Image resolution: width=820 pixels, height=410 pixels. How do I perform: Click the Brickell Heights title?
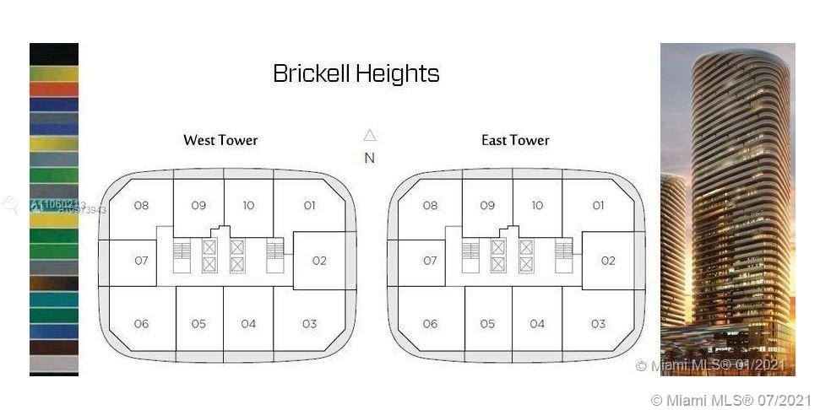point(356,73)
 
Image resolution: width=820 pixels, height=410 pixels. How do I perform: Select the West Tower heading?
point(220,140)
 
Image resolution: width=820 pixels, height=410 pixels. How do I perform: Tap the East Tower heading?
point(515,140)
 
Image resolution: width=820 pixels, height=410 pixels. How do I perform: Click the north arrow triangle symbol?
point(369,135)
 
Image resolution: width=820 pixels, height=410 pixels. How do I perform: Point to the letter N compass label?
point(369,158)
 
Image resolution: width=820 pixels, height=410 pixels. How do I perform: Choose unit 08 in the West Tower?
point(141,205)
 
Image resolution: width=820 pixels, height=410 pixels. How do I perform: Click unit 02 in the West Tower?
point(318,261)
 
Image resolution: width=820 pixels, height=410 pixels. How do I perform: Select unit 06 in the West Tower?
point(141,324)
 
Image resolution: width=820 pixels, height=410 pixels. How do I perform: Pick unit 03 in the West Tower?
point(309,324)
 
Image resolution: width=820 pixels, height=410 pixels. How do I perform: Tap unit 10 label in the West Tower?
point(248,205)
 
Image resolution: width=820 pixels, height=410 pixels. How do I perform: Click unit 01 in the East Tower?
point(598,205)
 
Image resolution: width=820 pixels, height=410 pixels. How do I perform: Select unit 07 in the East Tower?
point(430,261)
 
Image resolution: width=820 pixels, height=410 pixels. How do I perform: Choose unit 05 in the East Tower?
point(487,324)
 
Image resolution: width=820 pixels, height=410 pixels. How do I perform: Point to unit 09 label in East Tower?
point(487,205)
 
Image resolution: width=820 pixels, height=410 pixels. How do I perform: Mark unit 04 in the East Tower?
point(537,324)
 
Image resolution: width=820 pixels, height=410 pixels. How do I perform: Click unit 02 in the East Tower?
point(608,261)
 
